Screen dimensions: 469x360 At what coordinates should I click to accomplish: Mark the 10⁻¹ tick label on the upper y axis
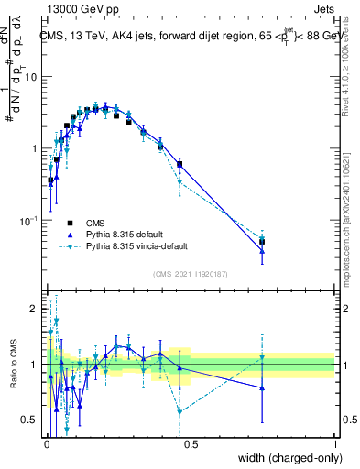pyautogui.click(x=28, y=221)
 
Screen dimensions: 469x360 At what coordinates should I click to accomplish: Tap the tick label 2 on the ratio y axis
pyautogui.click(x=34, y=309)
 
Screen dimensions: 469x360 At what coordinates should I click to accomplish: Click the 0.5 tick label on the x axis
pyautogui.click(x=190, y=443)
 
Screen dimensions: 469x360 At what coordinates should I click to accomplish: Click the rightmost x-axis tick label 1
pyautogui.click(x=334, y=443)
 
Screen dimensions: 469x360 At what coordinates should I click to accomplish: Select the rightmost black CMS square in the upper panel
pyautogui.click(x=262, y=242)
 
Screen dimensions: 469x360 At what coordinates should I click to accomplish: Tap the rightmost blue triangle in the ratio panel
pyautogui.click(x=262, y=387)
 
